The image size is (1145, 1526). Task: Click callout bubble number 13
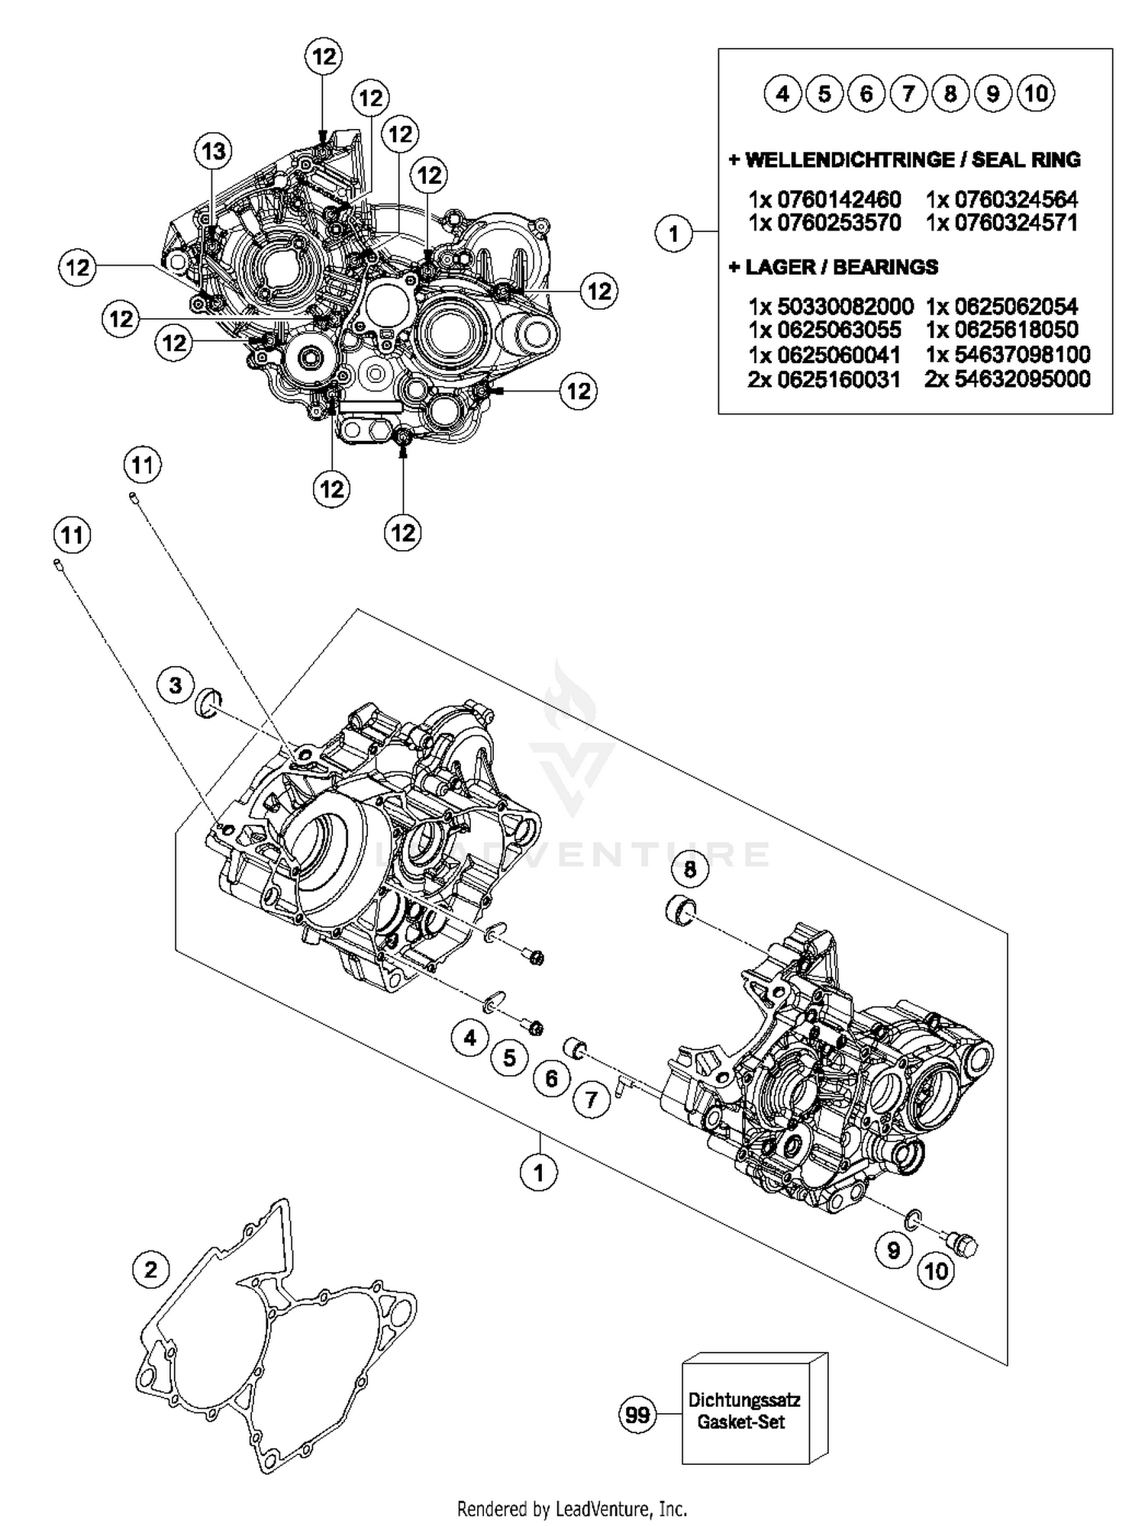[x=213, y=151]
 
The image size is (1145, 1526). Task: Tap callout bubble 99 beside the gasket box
[x=637, y=1415]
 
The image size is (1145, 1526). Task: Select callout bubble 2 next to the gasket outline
[x=150, y=1270]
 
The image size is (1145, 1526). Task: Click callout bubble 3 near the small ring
[x=176, y=685]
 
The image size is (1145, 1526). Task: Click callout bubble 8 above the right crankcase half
[x=690, y=869]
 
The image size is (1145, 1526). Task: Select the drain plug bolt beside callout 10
[x=963, y=1245]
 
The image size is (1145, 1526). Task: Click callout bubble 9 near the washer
[x=893, y=1250]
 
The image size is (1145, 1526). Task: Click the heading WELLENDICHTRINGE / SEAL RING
[x=905, y=160]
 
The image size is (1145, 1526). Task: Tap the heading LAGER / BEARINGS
[x=834, y=267]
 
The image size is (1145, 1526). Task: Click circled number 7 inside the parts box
[x=908, y=94]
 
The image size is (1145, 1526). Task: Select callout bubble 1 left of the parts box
[x=673, y=233]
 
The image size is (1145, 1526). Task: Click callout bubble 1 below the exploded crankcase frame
[x=539, y=1172]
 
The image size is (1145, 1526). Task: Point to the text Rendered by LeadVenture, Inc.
[x=572, y=1508]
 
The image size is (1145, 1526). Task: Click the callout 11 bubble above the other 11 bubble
[x=142, y=465]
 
